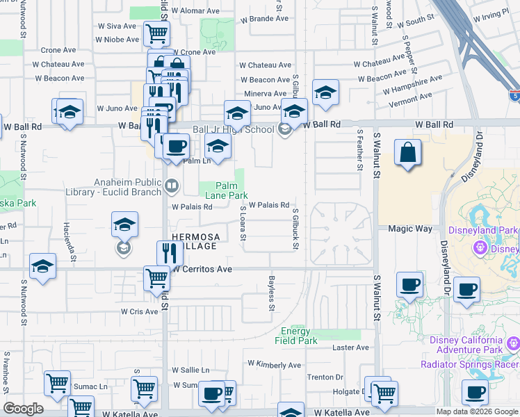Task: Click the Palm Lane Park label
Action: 226,191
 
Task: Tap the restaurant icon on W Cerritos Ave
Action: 170,252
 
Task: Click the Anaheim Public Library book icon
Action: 171,186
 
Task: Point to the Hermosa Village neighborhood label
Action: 195,241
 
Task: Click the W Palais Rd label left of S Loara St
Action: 193,207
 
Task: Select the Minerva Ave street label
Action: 265,94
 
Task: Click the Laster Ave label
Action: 344,347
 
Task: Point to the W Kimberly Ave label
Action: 275,364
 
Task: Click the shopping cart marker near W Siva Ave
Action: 156,32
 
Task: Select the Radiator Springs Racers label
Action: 470,364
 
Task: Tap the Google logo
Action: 23,409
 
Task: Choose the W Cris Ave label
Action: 140,311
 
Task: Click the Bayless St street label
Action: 272,293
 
